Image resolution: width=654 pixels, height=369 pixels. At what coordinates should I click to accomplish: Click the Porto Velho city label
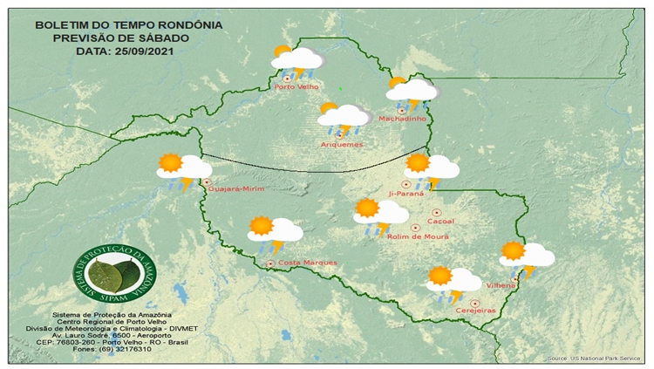click(x=296, y=86)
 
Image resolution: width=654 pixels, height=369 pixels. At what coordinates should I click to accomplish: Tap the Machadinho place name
click(x=401, y=119)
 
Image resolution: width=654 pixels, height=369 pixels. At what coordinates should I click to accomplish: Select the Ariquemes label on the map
click(x=342, y=144)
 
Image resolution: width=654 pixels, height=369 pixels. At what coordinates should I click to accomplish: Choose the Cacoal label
click(x=442, y=221)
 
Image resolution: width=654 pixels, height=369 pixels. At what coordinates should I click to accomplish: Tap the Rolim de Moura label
click(x=417, y=236)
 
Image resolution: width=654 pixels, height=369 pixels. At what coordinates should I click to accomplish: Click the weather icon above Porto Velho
click(x=296, y=60)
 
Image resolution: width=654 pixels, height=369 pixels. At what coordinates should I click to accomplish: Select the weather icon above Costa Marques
click(x=274, y=232)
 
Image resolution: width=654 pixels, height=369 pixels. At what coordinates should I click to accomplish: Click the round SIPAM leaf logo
click(x=110, y=274)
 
